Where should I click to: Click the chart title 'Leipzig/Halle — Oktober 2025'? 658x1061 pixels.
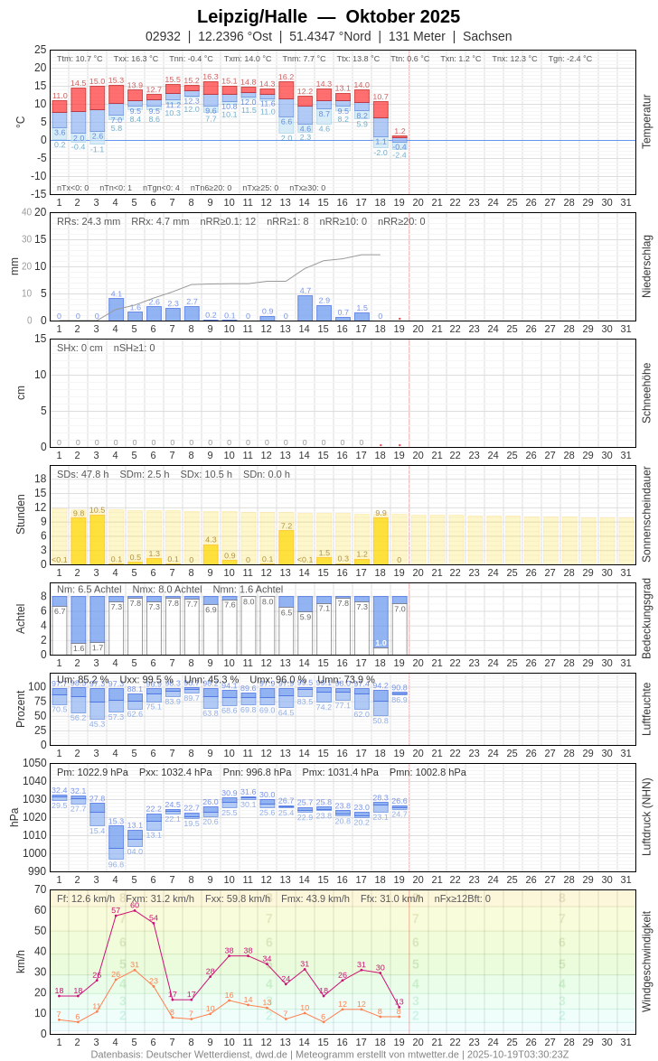coord(328,16)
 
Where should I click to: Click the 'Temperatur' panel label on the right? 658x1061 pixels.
coord(646,122)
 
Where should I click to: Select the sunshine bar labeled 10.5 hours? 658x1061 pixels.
coord(97,540)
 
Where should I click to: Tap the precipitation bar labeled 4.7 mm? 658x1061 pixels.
coord(305,309)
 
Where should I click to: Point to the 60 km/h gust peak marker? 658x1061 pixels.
coord(135,910)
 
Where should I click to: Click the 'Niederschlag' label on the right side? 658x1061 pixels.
coord(646,266)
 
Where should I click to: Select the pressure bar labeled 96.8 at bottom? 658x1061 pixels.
coord(116,842)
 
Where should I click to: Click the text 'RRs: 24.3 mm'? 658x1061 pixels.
coord(89,221)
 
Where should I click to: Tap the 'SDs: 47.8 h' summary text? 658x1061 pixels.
coord(83,474)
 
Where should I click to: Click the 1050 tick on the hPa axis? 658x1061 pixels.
coord(34,763)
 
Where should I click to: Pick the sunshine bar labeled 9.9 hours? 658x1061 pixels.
coord(381,541)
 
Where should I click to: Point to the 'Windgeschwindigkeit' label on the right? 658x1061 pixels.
coord(646,961)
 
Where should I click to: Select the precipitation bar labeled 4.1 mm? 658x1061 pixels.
coord(116,310)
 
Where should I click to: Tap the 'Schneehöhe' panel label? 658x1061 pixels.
coord(646,393)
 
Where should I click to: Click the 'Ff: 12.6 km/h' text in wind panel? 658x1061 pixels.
coord(86,898)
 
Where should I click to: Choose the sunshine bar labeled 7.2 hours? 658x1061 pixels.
coord(286,547)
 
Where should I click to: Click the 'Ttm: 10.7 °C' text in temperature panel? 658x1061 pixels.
coord(80,59)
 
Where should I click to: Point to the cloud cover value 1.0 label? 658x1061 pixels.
coord(381,643)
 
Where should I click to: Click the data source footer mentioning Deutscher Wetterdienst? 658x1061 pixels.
coord(329,1054)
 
